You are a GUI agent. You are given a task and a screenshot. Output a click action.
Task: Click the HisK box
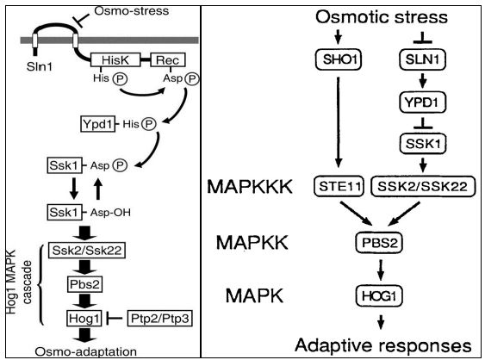click(x=115, y=59)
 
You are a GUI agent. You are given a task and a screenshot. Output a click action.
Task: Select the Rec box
click(x=168, y=59)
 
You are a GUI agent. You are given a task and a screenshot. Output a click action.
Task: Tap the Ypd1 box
click(x=97, y=124)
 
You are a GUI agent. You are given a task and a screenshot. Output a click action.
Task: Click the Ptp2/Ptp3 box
click(x=160, y=319)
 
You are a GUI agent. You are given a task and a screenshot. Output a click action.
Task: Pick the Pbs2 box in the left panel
click(x=84, y=284)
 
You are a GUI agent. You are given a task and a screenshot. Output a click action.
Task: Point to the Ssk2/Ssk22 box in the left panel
click(x=87, y=251)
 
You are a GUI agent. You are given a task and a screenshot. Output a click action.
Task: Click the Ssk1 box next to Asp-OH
click(x=65, y=212)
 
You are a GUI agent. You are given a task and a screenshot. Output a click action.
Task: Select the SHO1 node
click(x=339, y=59)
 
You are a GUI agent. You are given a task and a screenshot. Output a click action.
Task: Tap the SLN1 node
click(x=422, y=59)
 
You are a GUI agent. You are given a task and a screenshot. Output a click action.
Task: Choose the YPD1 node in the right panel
click(x=422, y=102)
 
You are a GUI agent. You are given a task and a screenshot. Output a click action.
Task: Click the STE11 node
click(x=339, y=186)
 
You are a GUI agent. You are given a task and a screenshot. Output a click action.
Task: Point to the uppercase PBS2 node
click(x=379, y=243)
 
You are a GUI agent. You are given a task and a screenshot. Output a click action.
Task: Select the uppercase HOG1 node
click(x=379, y=296)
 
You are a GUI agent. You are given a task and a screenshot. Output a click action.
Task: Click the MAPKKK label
click(x=250, y=187)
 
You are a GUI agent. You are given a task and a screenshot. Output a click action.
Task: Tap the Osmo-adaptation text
click(x=85, y=351)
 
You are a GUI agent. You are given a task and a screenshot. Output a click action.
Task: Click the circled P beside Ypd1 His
click(x=149, y=124)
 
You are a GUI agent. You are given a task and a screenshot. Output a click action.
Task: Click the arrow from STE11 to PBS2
click(x=357, y=214)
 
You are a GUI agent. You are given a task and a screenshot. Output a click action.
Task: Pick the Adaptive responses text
click(x=383, y=345)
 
